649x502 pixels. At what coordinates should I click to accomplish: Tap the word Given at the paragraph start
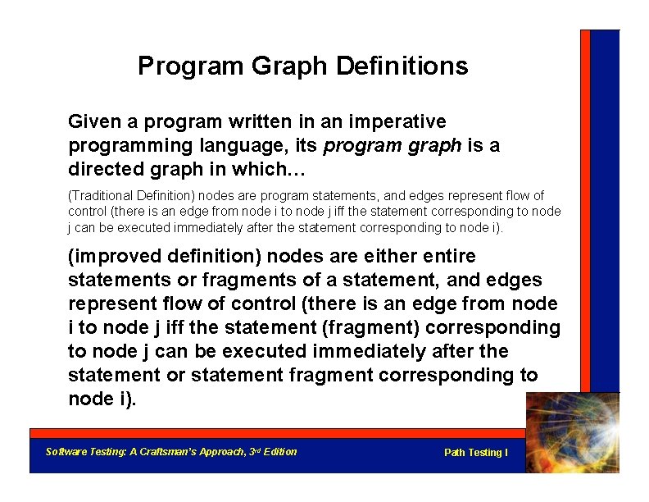point(93,122)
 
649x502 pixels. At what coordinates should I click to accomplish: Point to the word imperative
point(397,122)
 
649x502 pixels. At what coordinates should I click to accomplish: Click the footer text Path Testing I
point(475,453)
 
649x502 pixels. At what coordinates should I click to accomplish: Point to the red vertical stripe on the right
point(585,205)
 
